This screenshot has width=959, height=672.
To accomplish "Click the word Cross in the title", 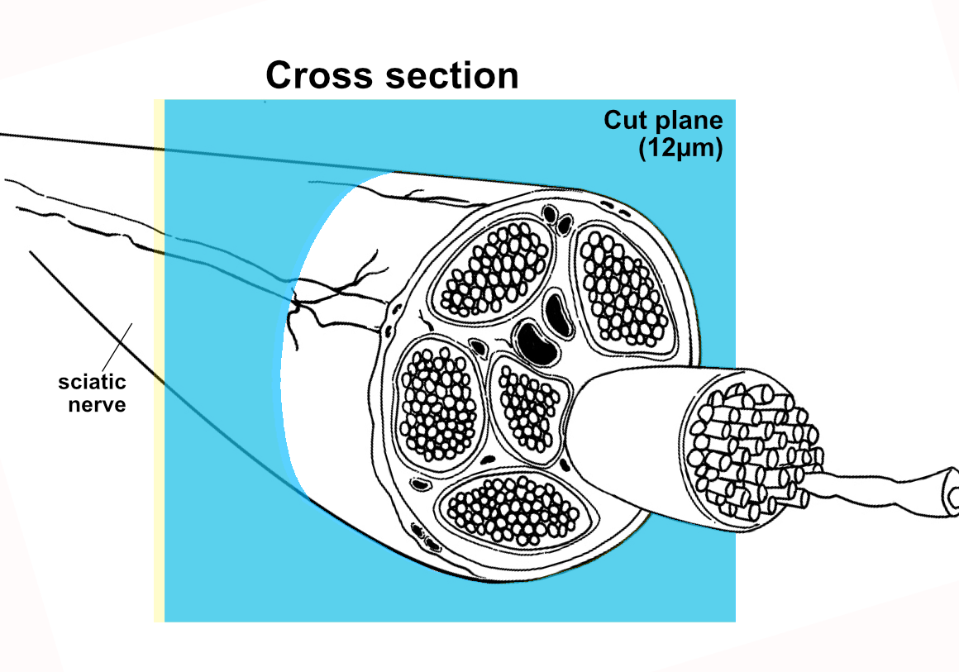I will pyautogui.click(x=319, y=76).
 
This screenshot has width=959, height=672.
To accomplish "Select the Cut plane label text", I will pyautogui.click(x=663, y=121).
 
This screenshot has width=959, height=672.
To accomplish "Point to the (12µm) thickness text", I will pyautogui.click(x=680, y=150).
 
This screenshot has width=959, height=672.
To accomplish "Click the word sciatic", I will pyautogui.click(x=92, y=383).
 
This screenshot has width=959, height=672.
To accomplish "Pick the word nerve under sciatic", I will pyautogui.click(x=98, y=405).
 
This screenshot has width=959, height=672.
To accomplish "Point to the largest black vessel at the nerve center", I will pyautogui.click(x=537, y=341).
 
